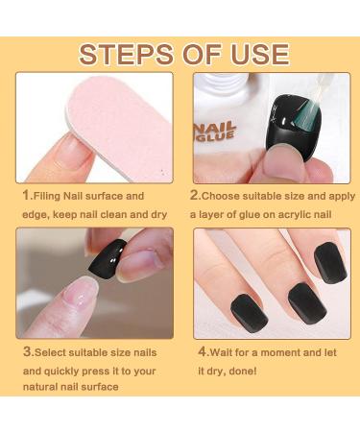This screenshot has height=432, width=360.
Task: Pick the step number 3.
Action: [27, 352]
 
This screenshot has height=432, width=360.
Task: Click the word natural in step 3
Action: [42, 386]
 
